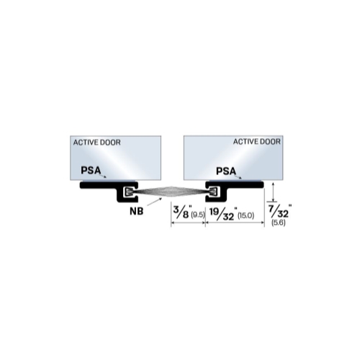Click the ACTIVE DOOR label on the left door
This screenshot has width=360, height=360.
(96, 143)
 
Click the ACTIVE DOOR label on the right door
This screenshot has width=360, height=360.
(257, 142)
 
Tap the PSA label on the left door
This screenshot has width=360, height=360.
(91, 171)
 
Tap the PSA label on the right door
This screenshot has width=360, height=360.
(226, 171)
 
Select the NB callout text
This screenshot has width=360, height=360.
(137, 211)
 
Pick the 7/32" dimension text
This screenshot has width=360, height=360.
(279, 211)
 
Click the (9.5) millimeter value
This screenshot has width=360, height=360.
(198, 215)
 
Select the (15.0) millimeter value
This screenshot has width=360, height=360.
(246, 216)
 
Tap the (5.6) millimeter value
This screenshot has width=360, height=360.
(279, 222)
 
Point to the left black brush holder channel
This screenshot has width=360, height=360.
(109, 185)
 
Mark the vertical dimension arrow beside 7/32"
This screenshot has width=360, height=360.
(273, 192)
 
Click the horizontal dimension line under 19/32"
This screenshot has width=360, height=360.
(235, 222)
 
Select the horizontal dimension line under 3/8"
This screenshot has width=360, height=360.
(188, 222)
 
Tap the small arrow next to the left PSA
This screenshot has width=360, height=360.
(104, 176)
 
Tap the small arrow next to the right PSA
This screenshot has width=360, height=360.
(239, 177)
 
